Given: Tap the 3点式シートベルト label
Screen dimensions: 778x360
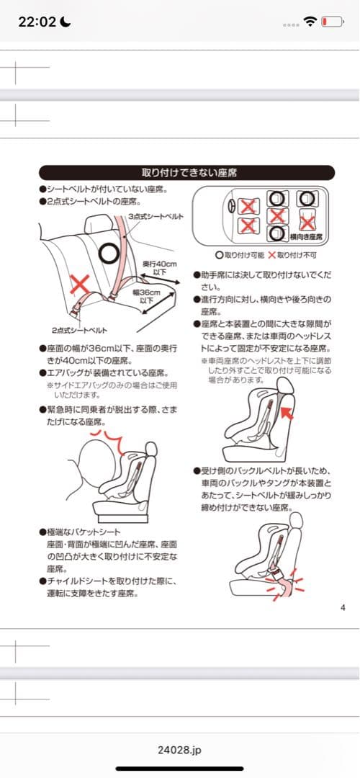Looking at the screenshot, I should tap(153, 216).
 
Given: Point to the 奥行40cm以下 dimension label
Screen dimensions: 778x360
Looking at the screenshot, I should tap(155, 267).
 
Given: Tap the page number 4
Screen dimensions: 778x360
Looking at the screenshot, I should tap(342, 607).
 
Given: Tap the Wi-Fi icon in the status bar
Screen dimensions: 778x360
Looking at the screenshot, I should tap(310, 22).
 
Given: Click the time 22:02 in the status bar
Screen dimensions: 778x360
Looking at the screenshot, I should tap(36, 22).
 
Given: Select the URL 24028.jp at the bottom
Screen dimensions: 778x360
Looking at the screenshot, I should tap(179, 750).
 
